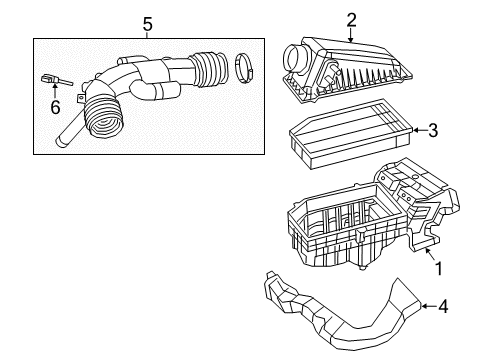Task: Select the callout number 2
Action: [351, 18]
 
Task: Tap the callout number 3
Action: [432, 129]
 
